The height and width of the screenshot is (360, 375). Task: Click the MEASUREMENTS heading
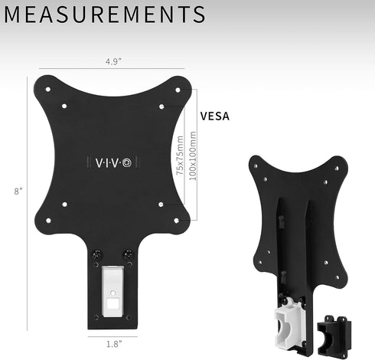[103, 15]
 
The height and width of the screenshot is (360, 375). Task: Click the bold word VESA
[214, 117]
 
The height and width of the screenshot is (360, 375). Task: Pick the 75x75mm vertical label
[180, 156]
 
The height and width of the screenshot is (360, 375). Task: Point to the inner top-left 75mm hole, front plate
[64, 106]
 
